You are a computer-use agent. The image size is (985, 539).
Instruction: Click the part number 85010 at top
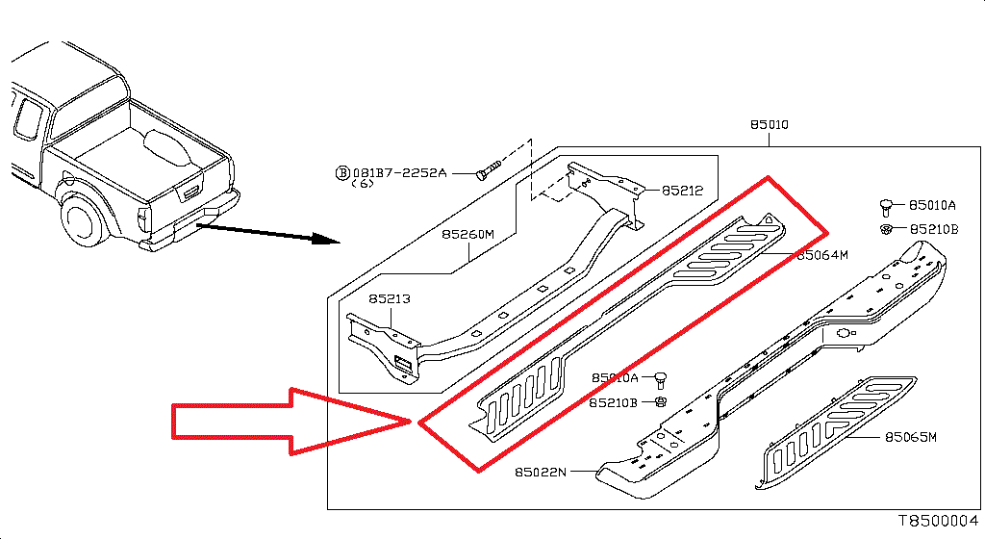click(770, 126)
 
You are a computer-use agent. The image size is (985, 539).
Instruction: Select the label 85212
click(682, 191)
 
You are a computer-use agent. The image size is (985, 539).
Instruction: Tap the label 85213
click(389, 299)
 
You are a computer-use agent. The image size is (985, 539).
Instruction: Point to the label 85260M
click(467, 234)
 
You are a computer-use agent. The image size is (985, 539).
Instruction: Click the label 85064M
click(821, 255)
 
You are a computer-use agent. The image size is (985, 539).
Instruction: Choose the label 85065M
click(910, 437)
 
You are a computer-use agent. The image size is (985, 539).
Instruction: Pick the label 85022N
click(541, 472)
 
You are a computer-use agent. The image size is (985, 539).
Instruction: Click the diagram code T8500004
click(938, 520)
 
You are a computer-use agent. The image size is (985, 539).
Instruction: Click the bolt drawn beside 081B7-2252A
click(490, 172)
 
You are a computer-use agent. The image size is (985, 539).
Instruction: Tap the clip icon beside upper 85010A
click(887, 205)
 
